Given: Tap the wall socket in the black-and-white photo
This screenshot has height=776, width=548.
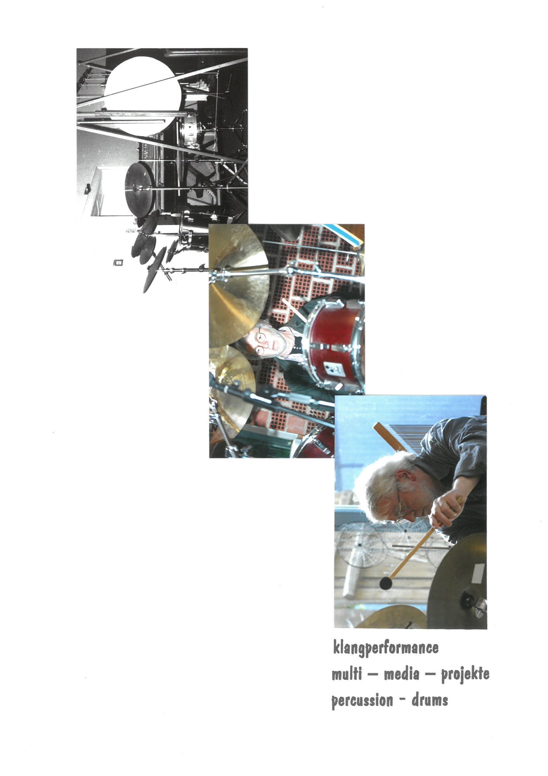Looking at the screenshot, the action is pos(118,262).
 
